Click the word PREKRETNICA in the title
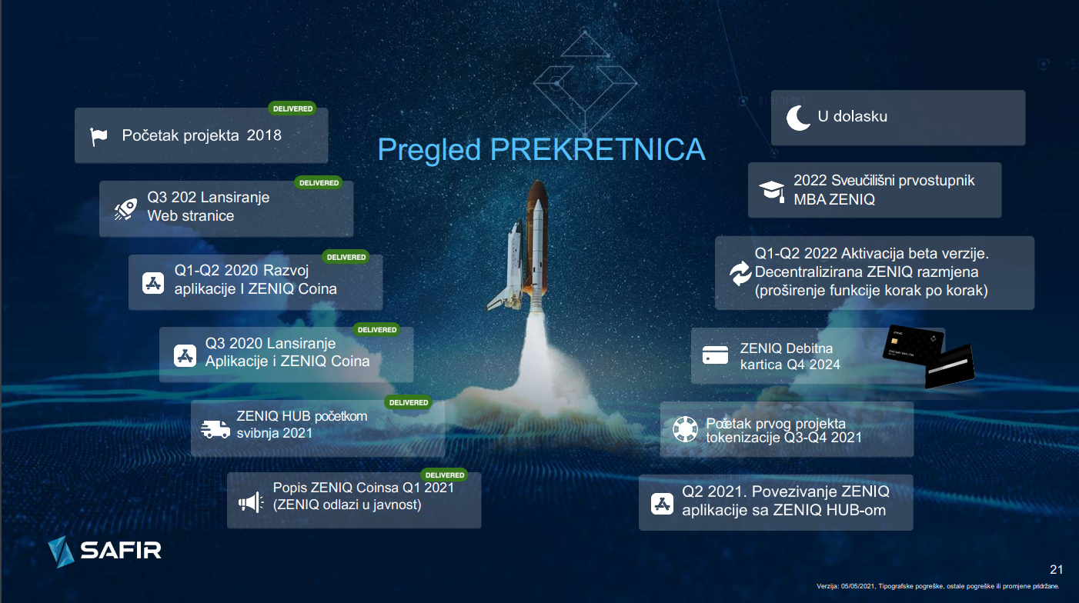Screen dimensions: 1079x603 (598, 149)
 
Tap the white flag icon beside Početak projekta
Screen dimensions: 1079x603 (99, 137)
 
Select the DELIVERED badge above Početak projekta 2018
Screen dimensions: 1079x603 (292, 108)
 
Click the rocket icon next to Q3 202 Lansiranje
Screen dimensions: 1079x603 (125, 210)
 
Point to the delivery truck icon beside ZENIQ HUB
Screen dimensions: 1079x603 (215, 429)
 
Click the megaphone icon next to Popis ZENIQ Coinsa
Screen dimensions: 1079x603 (251, 502)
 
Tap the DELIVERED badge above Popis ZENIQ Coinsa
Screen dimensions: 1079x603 (445, 475)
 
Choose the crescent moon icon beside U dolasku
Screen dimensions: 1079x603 (797, 118)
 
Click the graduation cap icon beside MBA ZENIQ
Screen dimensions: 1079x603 (772, 191)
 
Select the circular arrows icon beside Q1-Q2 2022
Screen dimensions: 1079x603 (740, 273)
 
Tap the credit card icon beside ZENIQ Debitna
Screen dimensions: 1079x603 (715, 355)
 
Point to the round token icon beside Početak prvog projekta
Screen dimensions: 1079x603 (685, 428)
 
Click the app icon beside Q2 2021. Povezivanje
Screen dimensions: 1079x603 (663, 504)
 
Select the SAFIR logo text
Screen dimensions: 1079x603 (120, 551)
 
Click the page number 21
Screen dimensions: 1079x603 (1057, 570)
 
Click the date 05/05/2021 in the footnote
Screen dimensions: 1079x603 (858, 586)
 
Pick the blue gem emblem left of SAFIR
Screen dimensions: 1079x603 (61, 551)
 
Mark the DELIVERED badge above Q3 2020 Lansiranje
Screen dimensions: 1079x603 (376, 330)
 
